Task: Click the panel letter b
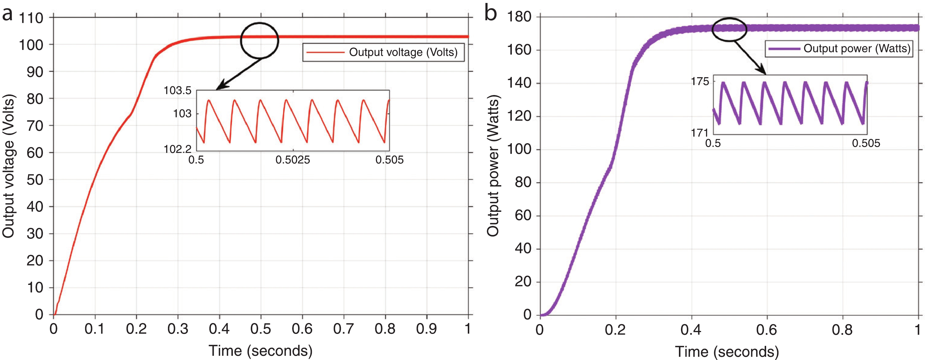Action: [x=490, y=13]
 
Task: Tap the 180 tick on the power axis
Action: [x=519, y=16]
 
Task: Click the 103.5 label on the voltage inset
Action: [x=177, y=90]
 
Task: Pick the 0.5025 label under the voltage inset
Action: [x=293, y=160]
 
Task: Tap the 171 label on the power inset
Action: [x=699, y=133]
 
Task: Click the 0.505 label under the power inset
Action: [x=866, y=143]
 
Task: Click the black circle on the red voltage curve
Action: [x=259, y=40]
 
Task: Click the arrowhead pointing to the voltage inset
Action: [x=220, y=87]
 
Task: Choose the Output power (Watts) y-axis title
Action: [x=493, y=166]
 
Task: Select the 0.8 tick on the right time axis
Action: [x=842, y=329]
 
